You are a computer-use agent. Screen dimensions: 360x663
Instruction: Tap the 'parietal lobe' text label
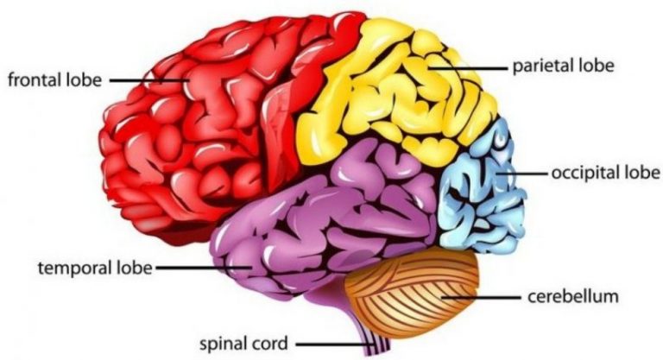563,66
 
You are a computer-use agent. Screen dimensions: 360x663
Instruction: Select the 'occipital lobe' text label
605,173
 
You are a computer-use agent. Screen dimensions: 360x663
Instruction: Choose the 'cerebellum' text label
573,297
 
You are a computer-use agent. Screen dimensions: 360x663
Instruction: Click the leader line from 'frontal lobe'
147,80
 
